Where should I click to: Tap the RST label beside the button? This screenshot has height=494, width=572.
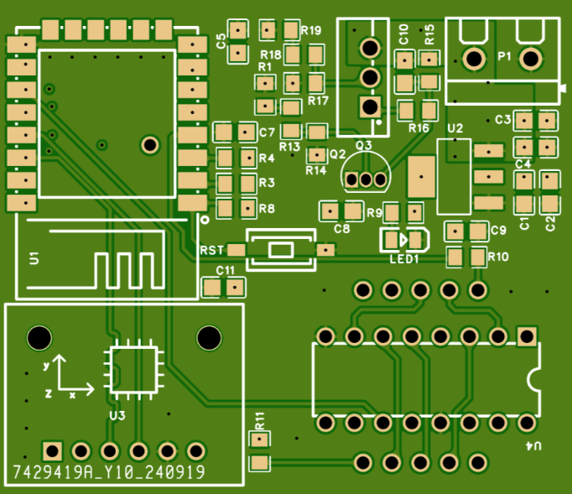point(211,250)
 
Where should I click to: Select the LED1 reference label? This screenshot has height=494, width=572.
point(403,259)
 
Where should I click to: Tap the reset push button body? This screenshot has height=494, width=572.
point(280,249)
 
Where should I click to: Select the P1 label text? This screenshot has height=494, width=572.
point(504,56)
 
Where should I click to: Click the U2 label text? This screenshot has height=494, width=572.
point(455,128)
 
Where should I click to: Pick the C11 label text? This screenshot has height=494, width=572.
point(225,270)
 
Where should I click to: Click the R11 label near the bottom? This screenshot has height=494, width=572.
point(260,419)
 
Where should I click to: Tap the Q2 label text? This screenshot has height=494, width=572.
point(337,154)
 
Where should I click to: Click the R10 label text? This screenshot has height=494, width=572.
point(497,257)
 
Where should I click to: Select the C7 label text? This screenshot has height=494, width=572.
point(267,133)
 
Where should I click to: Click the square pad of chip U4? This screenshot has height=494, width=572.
point(527,336)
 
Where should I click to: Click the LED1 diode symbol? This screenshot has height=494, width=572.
point(404,239)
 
